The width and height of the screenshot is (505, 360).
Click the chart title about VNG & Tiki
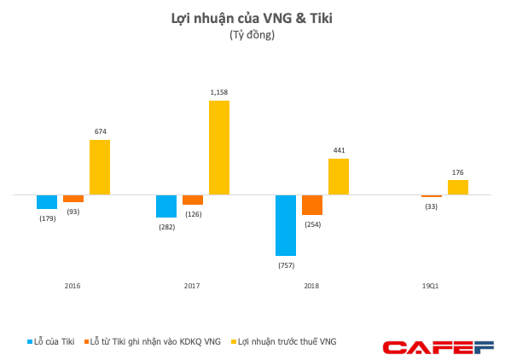[x=252, y=20]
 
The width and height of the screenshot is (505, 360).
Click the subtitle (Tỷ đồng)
[x=252, y=36]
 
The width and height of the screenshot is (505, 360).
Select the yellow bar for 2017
[x=219, y=148]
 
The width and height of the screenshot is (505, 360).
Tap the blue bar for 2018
[x=286, y=225]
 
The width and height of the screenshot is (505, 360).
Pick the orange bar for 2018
[x=312, y=205]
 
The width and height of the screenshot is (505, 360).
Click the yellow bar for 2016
[x=100, y=167]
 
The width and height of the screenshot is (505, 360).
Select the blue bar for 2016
[x=47, y=202]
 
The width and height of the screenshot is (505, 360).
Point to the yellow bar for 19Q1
[x=458, y=188]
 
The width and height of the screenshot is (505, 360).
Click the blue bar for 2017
[x=166, y=206]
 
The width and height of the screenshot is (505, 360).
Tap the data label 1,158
[x=219, y=92]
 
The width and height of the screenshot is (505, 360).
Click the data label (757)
[x=286, y=264]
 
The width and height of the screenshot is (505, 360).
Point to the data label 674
[x=100, y=131]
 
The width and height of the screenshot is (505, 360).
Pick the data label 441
[x=339, y=150]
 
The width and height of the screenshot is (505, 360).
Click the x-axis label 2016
[x=73, y=285]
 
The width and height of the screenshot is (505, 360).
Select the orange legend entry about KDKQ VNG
[x=154, y=342]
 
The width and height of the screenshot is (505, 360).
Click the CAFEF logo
[x=438, y=347]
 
